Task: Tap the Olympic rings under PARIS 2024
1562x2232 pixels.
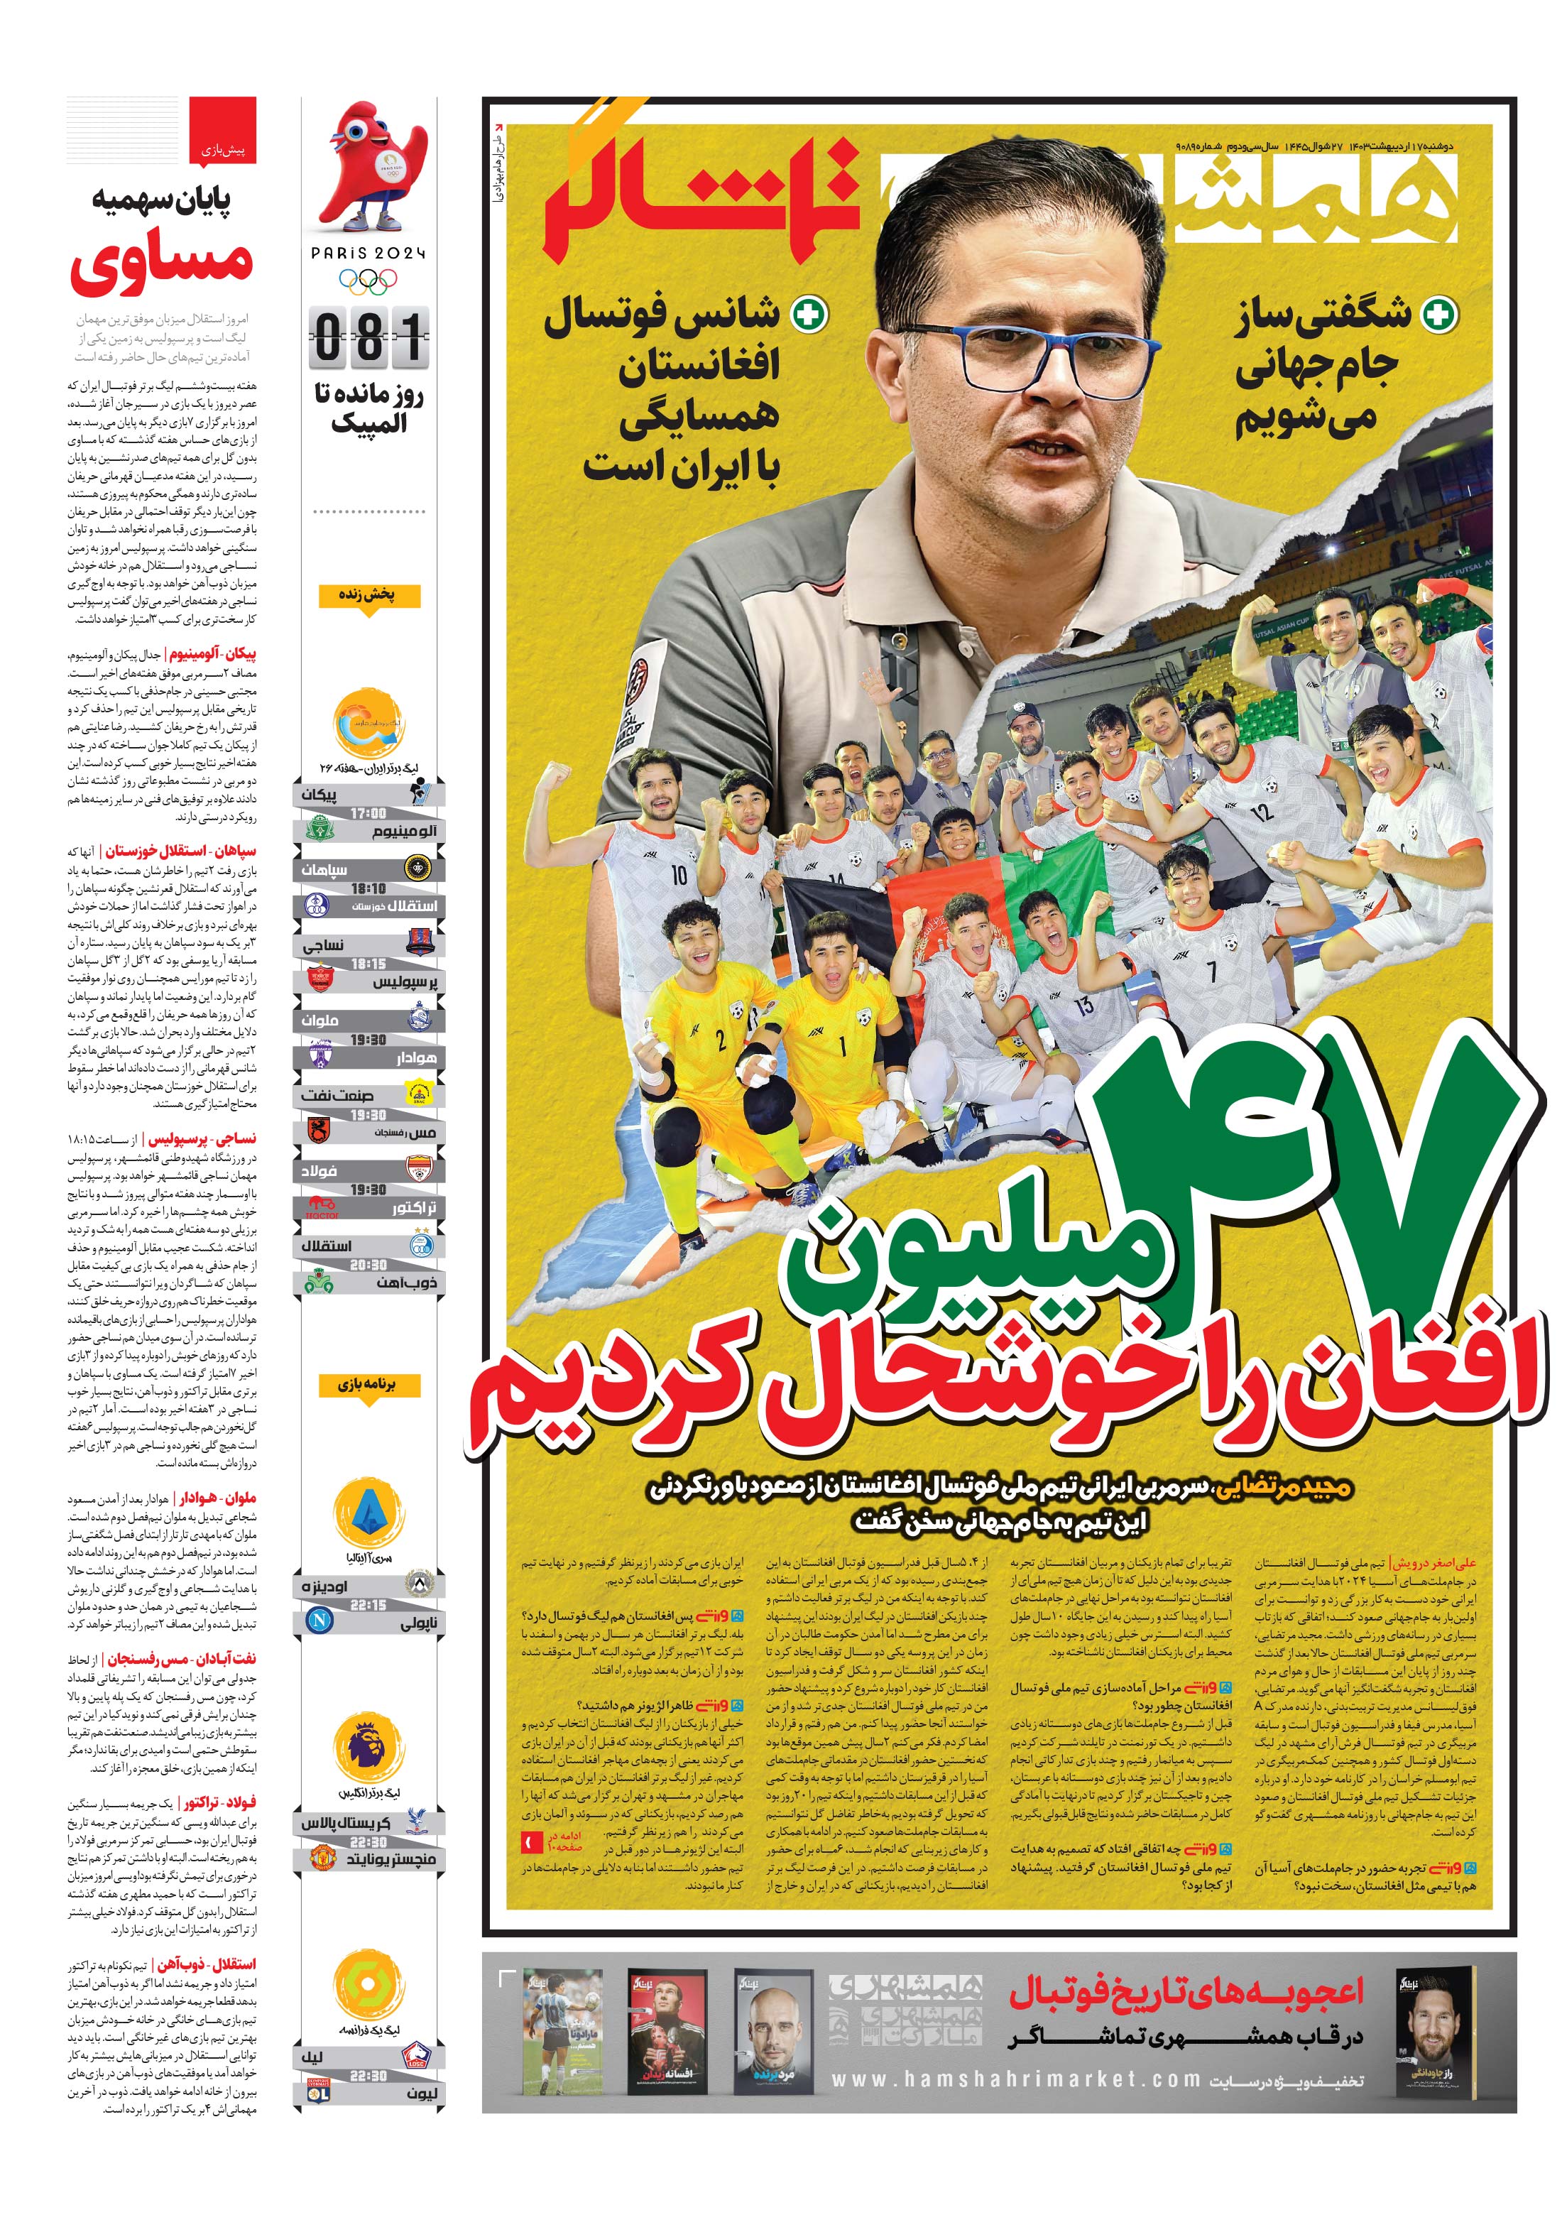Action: click(368, 282)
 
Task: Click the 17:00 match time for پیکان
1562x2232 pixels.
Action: click(368, 812)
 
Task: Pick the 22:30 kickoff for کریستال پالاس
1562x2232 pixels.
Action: click(368, 1842)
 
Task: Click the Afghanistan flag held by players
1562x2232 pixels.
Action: click(933, 894)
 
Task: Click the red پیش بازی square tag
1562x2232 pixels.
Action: click(223, 129)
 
